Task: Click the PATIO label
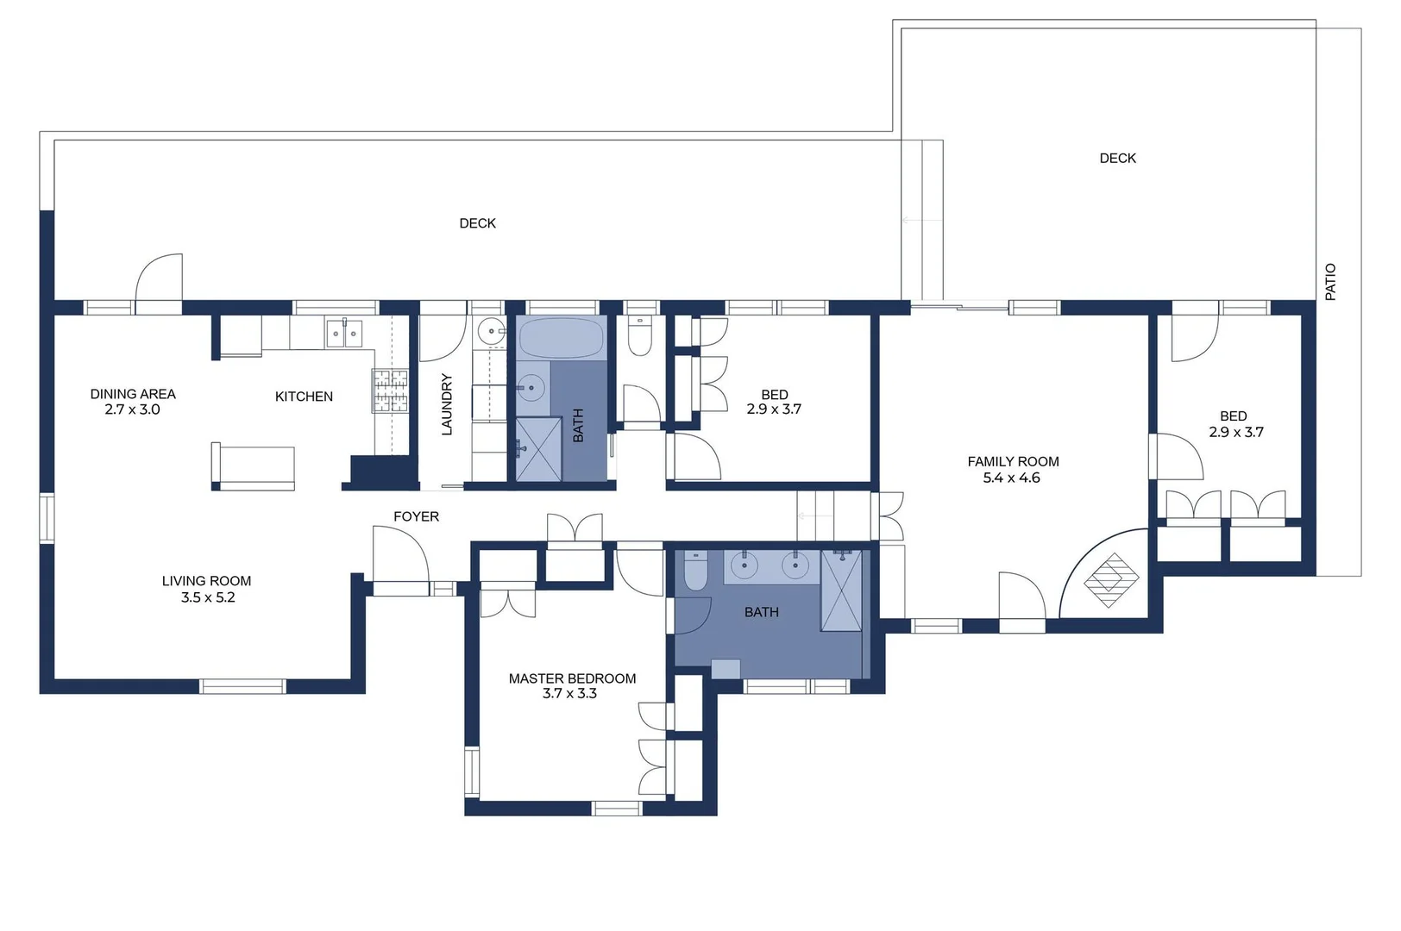(1329, 282)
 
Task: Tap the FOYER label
(416, 516)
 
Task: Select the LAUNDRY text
(447, 403)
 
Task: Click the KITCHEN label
(304, 397)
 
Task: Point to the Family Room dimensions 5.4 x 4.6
(1011, 478)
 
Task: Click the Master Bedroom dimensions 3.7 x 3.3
(569, 693)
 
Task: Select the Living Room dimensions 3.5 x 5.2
(207, 597)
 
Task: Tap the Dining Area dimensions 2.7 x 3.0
(132, 409)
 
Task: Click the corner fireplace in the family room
(1111, 579)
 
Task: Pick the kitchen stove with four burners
(390, 391)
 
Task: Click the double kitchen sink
(344, 333)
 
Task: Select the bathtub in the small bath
(561, 338)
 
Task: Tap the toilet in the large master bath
(695, 572)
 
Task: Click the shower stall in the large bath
(841, 591)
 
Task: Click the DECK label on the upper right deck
(1117, 159)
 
